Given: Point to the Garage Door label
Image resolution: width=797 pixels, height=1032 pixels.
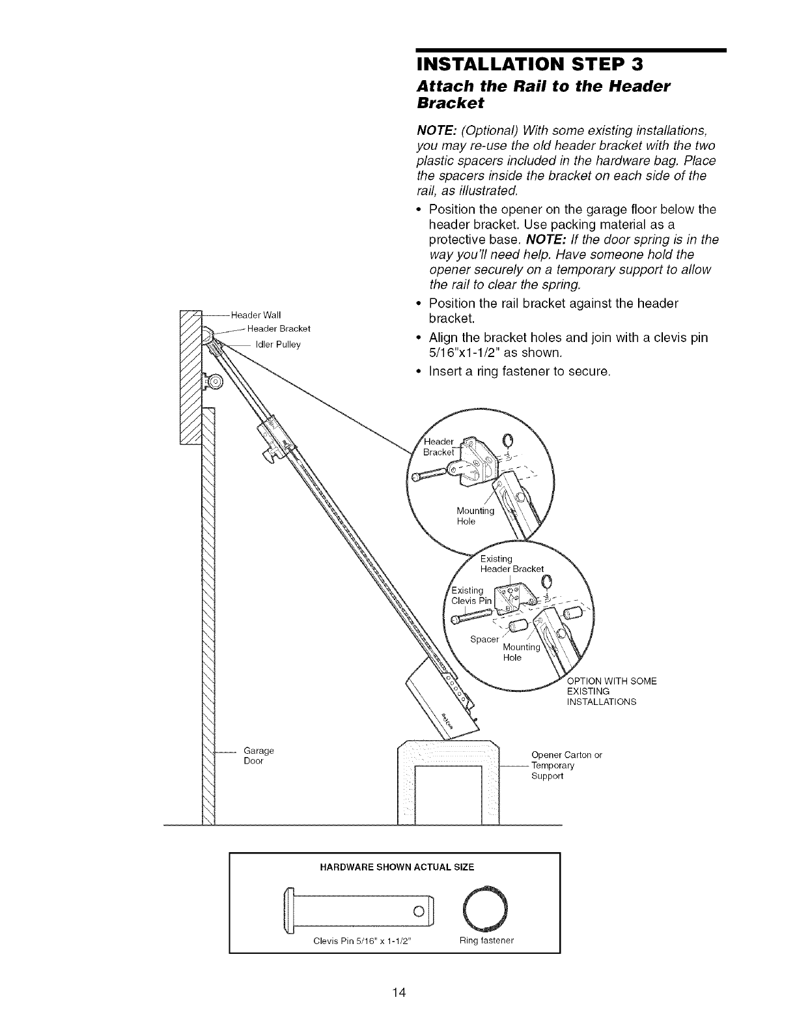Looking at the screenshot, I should (259, 756).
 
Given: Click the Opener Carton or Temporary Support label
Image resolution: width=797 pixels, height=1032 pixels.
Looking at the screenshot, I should (566, 766).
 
